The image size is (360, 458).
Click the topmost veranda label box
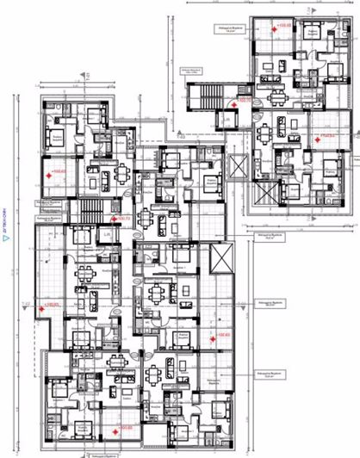tap(226, 28)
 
